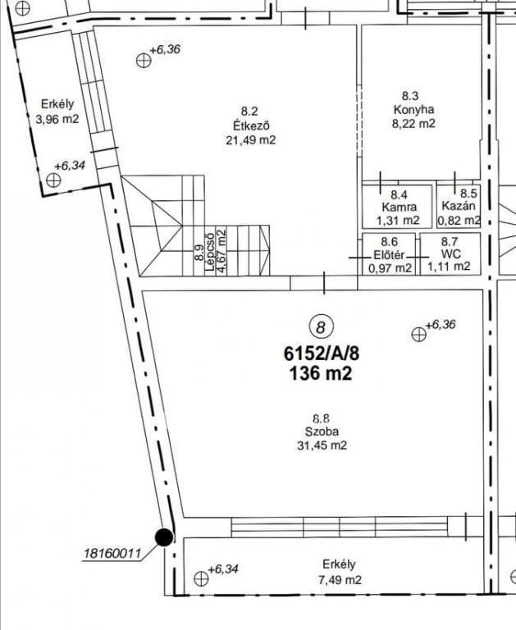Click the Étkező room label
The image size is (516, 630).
click(251, 126)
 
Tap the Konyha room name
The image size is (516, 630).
click(414, 110)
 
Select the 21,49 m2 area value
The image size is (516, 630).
click(251, 140)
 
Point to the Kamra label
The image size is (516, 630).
click(399, 208)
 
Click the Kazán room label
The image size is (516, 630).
click(459, 206)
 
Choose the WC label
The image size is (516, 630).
click(450, 254)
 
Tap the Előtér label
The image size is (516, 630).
click(389, 255)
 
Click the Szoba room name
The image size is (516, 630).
click(322, 431)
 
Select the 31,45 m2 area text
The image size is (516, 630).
click(322, 445)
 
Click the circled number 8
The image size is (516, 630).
click(321, 326)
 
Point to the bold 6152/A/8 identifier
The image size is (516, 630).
click(322, 354)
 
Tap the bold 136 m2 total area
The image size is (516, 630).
click(321, 374)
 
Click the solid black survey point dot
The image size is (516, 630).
click(164, 537)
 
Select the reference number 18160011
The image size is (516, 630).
click(112, 554)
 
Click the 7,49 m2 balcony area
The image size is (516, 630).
click(340, 580)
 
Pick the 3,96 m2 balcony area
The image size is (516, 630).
click(57, 119)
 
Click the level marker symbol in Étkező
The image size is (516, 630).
click(144, 61)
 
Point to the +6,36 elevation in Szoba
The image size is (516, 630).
click(441, 324)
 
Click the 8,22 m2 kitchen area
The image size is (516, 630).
click(413, 123)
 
